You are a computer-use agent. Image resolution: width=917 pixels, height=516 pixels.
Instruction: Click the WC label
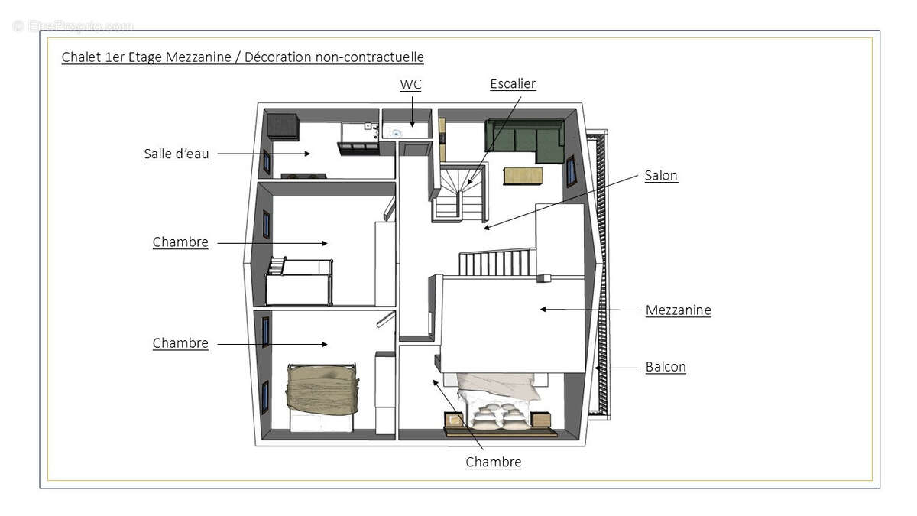[x=410, y=84]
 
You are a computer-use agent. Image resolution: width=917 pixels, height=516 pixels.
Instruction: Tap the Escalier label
[x=513, y=83]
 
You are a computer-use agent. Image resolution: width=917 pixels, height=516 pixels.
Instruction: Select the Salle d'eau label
[x=176, y=154]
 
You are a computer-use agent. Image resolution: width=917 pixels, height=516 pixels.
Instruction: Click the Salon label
[x=661, y=175]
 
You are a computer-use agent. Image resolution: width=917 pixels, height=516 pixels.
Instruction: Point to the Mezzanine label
[x=678, y=310]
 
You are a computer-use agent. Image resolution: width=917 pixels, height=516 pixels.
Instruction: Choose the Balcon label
[x=666, y=367]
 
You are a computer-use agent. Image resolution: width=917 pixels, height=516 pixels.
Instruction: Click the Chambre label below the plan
[x=494, y=462]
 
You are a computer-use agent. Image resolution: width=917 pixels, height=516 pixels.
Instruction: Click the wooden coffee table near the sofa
[x=523, y=176]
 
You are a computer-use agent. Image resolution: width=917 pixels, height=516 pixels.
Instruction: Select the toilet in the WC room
[x=395, y=132]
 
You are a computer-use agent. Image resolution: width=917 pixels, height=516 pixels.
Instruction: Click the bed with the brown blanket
[x=321, y=390]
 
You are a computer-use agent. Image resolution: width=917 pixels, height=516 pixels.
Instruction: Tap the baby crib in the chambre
[x=300, y=281]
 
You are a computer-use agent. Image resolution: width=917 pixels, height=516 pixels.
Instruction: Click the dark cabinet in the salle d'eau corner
[x=282, y=126]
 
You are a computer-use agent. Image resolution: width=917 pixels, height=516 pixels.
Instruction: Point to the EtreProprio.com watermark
[x=73, y=26]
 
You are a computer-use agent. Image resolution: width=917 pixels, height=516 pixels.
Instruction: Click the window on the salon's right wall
[x=571, y=170]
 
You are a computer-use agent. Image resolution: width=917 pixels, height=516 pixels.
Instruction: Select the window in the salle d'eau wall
[x=267, y=161]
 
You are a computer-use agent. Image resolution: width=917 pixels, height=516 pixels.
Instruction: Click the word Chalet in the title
[x=79, y=57]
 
